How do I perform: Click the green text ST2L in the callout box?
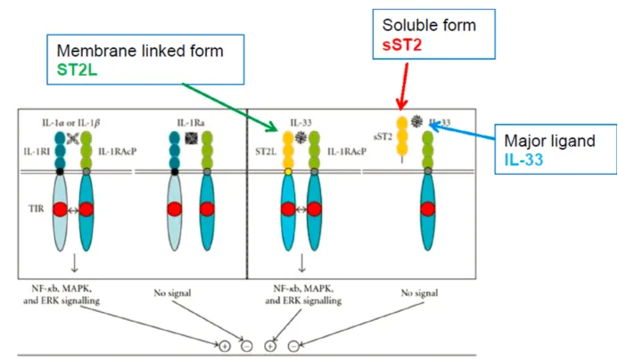coord(77,70)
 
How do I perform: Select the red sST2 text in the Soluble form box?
coord(402,45)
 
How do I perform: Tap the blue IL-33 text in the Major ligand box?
coord(523,160)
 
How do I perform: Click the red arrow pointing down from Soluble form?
coord(404,86)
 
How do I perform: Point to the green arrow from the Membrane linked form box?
coord(230,107)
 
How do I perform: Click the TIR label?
coord(37,209)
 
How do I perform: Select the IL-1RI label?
coord(37,151)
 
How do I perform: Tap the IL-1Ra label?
coord(191,123)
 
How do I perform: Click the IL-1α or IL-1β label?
coord(71,123)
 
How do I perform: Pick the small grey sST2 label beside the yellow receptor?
coord(383,136)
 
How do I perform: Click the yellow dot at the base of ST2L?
coord(288,172)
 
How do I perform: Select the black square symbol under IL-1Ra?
coord(191,138)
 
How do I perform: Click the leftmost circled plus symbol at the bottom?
coord(225,347)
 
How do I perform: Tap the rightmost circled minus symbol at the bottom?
coord(293,347)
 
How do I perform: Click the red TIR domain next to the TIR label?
coord(61,209)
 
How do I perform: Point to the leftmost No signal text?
coord(172,293)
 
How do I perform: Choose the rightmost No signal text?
coord(419,293)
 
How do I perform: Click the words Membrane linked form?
coord(140,51)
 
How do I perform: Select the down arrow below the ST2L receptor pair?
coord(302,263)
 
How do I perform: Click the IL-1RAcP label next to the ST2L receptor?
coord(347,151)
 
